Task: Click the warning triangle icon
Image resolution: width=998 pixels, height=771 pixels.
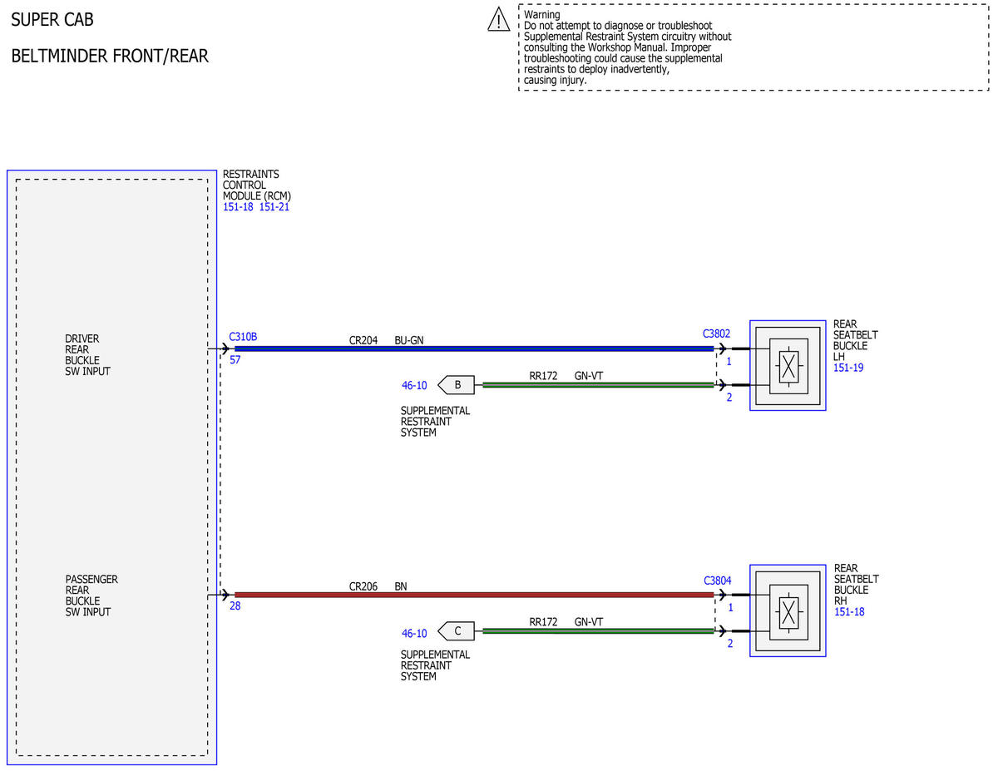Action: point(498,19)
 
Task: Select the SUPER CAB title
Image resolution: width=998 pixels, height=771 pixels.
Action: point(52,20)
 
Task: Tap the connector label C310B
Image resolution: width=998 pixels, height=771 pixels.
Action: point(243,337)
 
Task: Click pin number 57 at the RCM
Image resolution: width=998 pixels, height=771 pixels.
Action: point(235,359)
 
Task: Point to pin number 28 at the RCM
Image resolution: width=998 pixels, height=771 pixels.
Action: point(235,605)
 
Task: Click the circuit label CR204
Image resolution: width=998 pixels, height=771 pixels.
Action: point(363,340)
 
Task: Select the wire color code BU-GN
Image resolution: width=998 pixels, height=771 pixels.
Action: point(408,340)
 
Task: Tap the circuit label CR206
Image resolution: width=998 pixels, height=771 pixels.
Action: point(363,586)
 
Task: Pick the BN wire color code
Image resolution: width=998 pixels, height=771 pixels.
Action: point(401,586)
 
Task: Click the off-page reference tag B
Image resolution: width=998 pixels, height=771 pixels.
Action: point(456,385)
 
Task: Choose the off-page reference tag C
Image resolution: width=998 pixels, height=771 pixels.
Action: point(456,631)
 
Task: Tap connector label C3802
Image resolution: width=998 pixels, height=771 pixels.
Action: point(716,334)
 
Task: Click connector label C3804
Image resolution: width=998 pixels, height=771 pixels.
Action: point(718,581)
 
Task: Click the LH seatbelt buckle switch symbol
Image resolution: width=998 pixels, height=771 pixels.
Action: point(788,366)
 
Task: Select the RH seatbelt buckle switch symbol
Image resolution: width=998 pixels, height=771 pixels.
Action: point(788,611)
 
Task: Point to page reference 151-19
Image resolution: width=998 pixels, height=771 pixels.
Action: point(848,368)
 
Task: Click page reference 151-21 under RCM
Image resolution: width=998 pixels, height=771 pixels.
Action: point(274,206)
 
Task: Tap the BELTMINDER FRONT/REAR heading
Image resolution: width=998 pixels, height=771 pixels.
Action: point(110,56)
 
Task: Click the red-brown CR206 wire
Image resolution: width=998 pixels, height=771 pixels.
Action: point(474,595)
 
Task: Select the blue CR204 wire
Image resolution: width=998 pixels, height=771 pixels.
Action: point(474,348)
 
